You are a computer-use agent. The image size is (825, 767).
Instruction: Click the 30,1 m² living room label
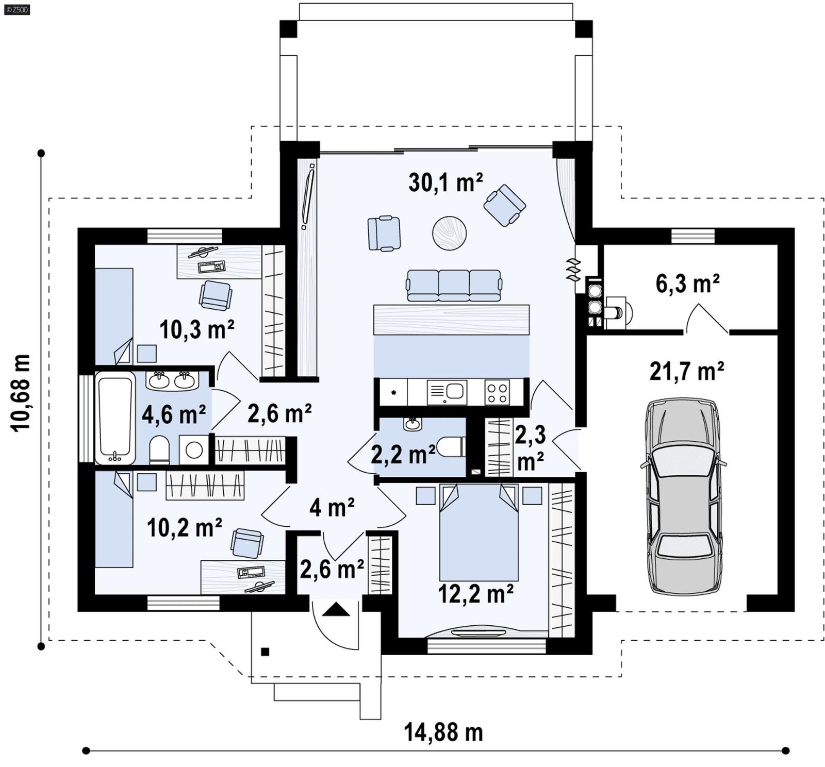tap(445, 182)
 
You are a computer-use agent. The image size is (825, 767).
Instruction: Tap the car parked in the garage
tap(683, 496)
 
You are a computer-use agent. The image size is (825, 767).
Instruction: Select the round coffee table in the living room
tap(449, 233)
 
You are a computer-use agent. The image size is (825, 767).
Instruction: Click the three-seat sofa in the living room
tap(453, 285)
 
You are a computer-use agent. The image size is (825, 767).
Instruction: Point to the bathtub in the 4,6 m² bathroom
tap(115, 418)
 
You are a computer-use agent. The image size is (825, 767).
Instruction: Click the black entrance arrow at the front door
tap(336, 610)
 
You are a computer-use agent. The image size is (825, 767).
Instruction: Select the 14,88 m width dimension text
tap(443, 732)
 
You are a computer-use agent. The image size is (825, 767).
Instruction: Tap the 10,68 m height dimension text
tap(21, 393)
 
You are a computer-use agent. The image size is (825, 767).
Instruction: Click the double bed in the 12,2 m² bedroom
tap(478, 533)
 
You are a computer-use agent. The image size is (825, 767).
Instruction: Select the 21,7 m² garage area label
tap(686, 371)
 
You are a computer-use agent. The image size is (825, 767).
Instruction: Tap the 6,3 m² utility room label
tap(687, 284)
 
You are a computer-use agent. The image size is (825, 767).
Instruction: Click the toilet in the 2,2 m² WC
tap(450, 447)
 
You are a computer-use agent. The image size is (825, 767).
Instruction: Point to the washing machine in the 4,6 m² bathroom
tap(194, 450)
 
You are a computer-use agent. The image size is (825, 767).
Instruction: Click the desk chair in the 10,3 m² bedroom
tap(215, 295)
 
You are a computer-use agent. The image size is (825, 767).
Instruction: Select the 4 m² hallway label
tap(332, 508)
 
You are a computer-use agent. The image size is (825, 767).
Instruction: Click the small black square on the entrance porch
tap(265, 652)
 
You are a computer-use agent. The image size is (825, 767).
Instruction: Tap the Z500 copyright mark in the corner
tap(16, 9)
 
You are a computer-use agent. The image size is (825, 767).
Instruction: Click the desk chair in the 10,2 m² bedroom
tap(246, 543)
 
